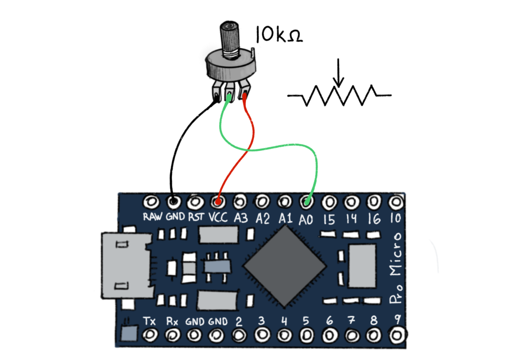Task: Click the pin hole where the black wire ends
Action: point(174,203)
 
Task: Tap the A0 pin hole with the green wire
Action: point(306,203)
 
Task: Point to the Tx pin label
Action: point(149,320)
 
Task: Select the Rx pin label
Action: point(173,320)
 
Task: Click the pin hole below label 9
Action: point(397,334)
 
